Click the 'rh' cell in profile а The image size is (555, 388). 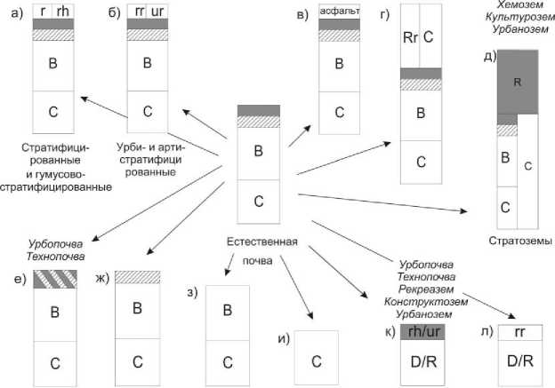(x=62, y=12)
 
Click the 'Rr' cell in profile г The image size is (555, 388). (x=410, y=37)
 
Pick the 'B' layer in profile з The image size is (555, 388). (x=227, y=310)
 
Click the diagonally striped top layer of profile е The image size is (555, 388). (x=55, y=278)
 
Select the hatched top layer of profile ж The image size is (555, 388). (x=137, y=277)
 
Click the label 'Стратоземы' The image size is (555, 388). (x=517, y=240)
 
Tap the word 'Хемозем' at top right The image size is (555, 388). (x=501, y=7)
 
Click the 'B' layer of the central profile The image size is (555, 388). (x=259, y=151)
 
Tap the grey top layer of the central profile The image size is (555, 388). (x=259, y=110)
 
